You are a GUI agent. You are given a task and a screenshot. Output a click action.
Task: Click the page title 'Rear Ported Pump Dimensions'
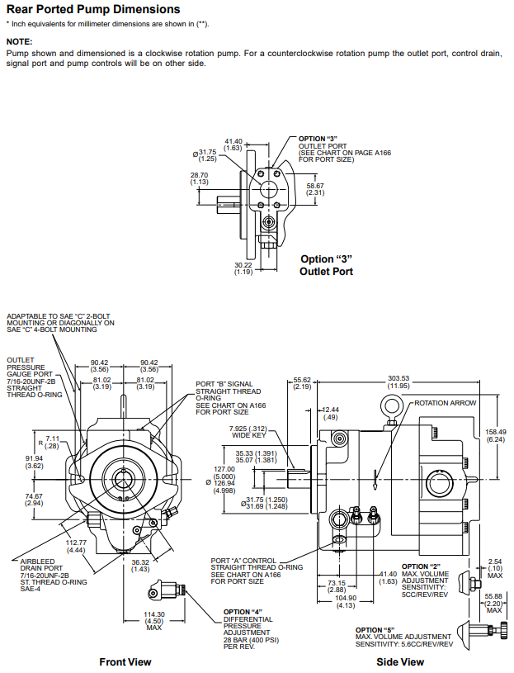click(92, 10)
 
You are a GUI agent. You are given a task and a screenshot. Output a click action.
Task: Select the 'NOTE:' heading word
click(20, 40)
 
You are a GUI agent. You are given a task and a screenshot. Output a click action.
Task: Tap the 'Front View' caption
click(125, 661)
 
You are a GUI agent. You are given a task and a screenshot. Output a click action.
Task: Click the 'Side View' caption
click(400, 661)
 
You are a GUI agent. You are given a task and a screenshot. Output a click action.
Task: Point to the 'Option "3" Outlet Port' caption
click(326, 265)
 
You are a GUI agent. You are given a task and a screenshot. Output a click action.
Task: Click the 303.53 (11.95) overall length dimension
click(398, 382)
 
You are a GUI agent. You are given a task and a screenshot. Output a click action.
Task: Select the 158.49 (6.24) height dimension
click(496, 436)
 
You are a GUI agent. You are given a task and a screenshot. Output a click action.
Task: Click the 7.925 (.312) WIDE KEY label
click(248, 432)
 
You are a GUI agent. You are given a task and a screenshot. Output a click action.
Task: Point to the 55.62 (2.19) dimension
click(302, 382)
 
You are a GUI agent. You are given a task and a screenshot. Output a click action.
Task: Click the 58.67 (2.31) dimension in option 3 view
click(315, 190)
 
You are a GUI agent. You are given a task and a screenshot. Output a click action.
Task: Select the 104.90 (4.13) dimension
click(345, 601)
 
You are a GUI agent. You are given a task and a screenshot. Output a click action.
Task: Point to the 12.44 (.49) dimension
click(330, 413)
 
